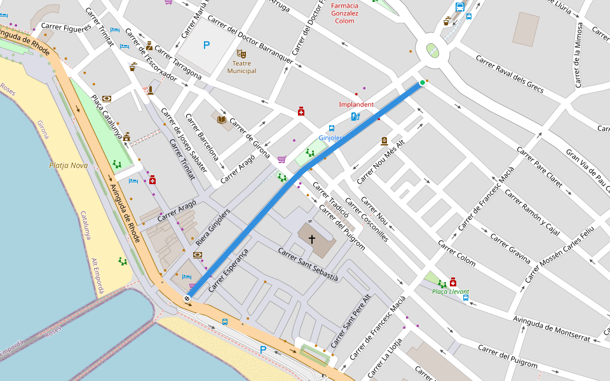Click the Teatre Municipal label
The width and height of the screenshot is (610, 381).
click(x=241, y=67)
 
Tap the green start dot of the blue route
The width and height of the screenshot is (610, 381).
click(x=422, y=83)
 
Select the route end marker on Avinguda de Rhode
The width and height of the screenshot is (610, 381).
click(x=187, y=298)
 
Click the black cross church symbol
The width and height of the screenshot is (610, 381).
click(x=311, y=239)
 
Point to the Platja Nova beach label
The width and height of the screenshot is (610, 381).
click(x=69, y=166)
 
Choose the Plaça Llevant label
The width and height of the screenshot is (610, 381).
click(x=451, y=291)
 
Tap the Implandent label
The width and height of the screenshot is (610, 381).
click(x=356, y=104)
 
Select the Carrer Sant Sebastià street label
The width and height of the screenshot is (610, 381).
click(x=308, y=264)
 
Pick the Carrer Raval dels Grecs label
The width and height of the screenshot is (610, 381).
click(x=510, y=74)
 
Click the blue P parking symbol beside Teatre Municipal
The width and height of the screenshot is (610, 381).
click(x=206, y=45)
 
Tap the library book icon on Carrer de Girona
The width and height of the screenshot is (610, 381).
click(x=221, y=119)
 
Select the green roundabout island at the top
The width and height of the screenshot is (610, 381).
click(x=433, y=50)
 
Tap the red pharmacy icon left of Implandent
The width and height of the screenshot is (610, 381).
click(x=301, y=111)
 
